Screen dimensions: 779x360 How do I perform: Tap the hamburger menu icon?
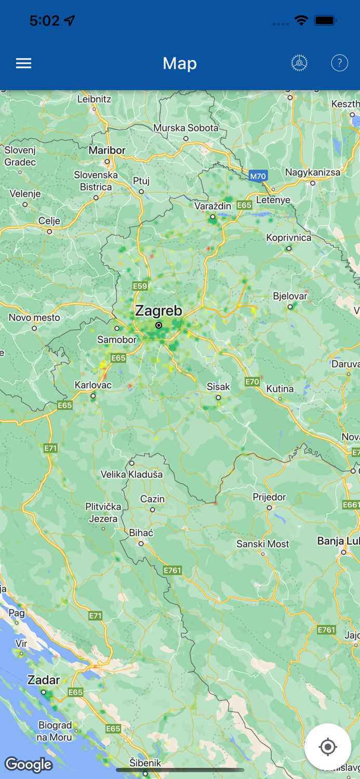coord(23,63)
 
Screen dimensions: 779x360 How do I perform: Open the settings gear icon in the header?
coord(299,63)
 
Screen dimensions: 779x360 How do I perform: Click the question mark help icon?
coord(339,63)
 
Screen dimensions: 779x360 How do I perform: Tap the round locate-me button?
coord(328,747)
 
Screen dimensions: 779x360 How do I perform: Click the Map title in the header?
coord(180,63)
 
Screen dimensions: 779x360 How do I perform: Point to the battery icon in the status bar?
coord(326,21)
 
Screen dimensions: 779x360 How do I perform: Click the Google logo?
coord(29,764)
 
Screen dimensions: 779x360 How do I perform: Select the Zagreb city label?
coord(158,311)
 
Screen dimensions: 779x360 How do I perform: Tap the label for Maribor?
coord(107,150)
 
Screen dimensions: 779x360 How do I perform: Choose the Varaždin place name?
coord(212,206)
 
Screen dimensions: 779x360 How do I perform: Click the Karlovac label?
coord(93,385)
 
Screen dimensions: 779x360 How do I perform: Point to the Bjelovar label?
coord(290,296)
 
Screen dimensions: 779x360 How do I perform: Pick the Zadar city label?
coord(44,680)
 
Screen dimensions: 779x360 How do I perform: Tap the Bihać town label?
coord(141,533)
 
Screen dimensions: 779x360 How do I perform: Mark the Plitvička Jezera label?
coord(103,513)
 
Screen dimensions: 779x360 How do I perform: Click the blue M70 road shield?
coord(258,176)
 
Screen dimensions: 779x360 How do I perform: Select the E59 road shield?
coord(140,286)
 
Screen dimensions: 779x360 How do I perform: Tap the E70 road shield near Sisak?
coord(252,382)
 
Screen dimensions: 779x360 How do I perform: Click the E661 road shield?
coord(351,505)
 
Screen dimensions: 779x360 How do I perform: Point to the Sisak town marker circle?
coord(218,398)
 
